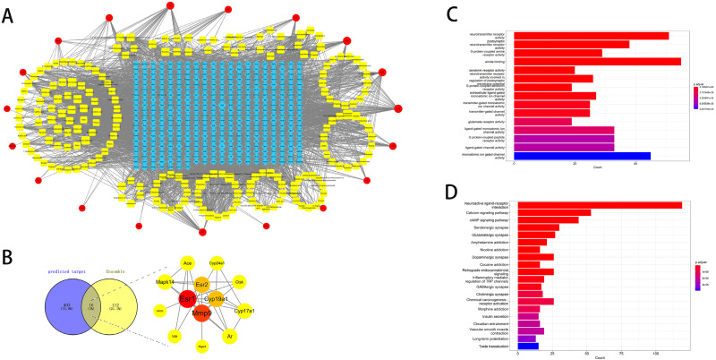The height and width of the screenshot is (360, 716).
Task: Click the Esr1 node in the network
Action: click(188, 296)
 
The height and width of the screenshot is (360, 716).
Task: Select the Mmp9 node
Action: click(202, 313)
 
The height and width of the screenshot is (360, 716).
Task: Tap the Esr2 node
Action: click(202, 283)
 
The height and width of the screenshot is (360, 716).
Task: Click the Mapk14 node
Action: click(165, 281)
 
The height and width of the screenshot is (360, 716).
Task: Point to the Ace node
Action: click(188, 262)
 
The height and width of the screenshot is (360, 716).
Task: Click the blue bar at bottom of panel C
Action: click(582, 156)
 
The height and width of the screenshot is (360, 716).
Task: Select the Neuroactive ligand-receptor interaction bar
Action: click(600, 205)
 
